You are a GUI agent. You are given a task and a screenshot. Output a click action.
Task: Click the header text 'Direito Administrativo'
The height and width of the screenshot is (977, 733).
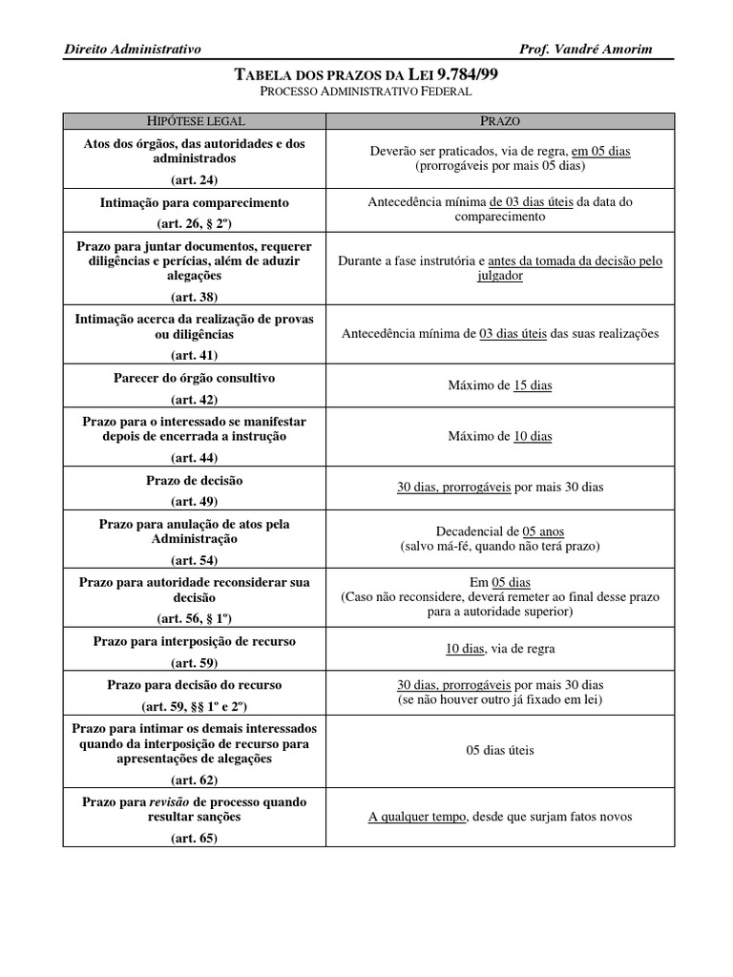[132, 50]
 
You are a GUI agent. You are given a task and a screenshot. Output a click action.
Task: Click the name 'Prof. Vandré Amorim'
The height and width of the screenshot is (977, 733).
[586, 50]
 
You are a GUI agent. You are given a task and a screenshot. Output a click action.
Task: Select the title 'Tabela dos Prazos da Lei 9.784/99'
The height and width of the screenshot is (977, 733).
[366, 74]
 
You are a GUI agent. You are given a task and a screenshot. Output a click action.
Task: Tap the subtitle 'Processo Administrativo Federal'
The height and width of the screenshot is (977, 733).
[366, 93]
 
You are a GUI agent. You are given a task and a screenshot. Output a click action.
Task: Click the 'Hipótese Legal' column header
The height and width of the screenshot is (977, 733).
[195, 121]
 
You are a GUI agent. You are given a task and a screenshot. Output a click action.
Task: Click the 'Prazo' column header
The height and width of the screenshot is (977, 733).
[500, 121]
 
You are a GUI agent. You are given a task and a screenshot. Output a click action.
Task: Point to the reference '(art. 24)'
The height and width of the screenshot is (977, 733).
[195, 178]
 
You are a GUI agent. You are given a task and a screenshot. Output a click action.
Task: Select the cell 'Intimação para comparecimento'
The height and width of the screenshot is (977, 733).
[195, 203]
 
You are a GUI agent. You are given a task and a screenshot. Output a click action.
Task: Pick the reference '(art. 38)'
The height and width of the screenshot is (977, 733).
[195, 296]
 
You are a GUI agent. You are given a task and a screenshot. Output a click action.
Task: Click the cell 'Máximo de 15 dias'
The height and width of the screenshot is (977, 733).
[500, 386]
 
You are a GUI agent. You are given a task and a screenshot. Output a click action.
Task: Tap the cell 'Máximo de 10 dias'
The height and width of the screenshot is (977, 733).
[500, 436]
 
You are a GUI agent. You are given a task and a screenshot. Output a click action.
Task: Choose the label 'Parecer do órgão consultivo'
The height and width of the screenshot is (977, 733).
[195, 378]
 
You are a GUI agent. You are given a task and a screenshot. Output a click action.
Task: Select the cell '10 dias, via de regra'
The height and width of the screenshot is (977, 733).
[500, 649]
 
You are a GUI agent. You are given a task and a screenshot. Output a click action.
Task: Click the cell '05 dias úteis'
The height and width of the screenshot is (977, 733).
[500, 751]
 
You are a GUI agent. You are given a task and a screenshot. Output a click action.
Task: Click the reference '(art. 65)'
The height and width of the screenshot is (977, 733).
[195, 839]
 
